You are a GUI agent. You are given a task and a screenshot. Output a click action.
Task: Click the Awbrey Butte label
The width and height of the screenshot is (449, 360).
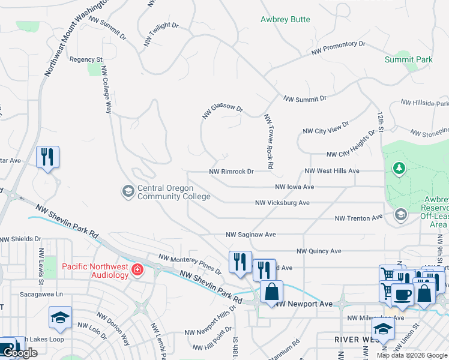[285, 20]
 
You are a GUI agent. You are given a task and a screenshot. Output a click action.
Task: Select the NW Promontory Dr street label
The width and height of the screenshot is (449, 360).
[338, 48]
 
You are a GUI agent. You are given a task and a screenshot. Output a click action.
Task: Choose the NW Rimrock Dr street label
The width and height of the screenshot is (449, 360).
[232, 172]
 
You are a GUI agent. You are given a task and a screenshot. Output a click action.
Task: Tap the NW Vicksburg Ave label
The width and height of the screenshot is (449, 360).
[282, 203]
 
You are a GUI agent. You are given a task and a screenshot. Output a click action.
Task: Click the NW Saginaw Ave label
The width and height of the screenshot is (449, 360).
[250, 235]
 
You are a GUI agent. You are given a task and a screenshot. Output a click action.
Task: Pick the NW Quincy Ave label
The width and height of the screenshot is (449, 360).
[319, 251]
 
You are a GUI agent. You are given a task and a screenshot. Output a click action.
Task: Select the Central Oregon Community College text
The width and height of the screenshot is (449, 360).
[174, 192]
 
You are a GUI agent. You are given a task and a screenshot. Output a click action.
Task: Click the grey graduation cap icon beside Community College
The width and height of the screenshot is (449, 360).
[128, 192]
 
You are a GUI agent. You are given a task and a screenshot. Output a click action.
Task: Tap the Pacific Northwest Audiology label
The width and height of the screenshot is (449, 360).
[95, 270]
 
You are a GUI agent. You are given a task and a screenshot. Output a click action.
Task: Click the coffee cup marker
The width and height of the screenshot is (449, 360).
[402, 295]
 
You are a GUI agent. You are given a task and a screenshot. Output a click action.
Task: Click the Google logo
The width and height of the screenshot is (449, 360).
[20, 353]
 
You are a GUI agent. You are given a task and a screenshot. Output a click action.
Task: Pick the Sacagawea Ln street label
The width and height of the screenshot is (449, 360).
[41, 295]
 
